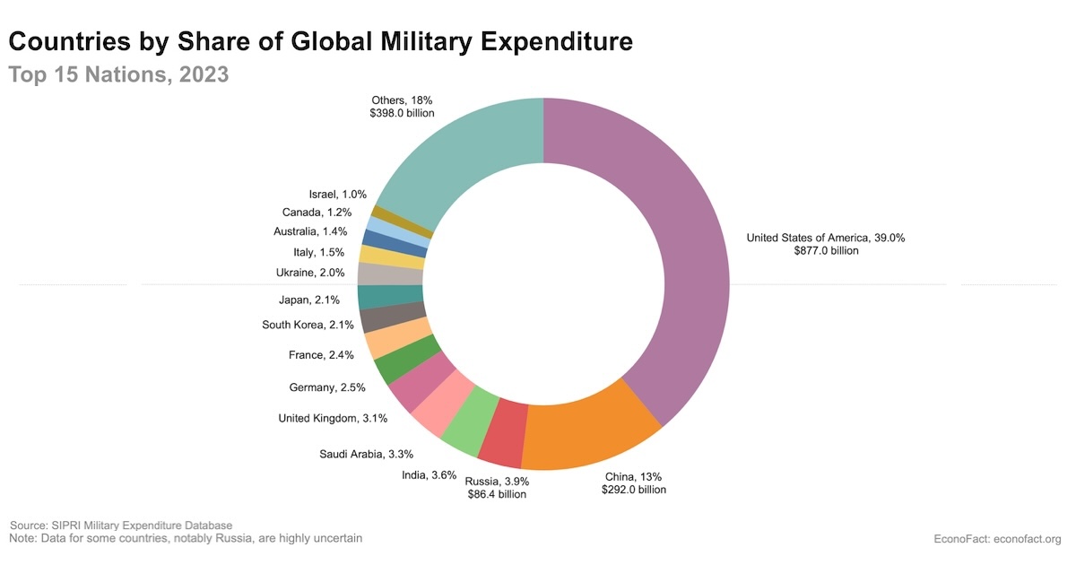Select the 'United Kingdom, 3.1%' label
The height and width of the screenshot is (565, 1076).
pos(320,418)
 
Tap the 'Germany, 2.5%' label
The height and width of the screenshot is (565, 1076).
pos(327,387)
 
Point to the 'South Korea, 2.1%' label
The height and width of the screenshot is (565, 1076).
pos(308,325)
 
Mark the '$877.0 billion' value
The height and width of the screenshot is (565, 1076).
pos(826,251)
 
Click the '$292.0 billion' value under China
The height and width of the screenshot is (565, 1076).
pos(634,490)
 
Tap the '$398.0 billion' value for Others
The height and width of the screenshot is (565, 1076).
pos(402,114)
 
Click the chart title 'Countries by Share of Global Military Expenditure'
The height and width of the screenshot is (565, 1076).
pos(321,41)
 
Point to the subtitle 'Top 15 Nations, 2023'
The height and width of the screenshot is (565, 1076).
pos(119,74)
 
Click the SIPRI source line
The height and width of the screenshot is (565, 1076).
pos(121,525)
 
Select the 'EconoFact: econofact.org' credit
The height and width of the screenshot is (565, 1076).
pos(997,539)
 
